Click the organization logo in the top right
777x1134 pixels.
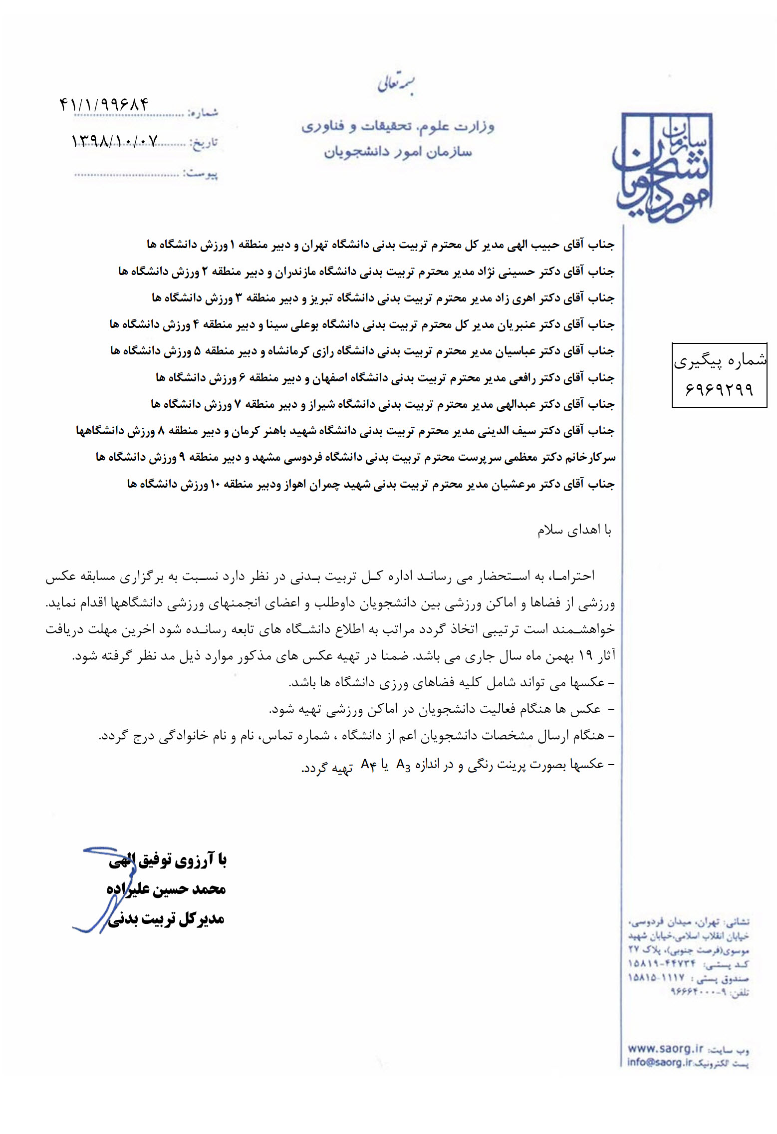[x=663, y=167]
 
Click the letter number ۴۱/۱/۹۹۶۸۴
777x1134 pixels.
[x=104, y=105]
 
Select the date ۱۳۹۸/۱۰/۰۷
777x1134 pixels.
[x=114, y=141]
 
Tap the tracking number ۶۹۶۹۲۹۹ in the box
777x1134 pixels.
[x=719, y=388]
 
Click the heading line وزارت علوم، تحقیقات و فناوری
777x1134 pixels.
[x=397, y=126]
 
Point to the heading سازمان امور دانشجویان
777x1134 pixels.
[x=398, y=151]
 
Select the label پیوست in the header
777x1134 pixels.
[x=201, y=174]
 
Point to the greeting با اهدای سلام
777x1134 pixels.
[x=574, y=530]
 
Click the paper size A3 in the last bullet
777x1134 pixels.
[x=403, y=765]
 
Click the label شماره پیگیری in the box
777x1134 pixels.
[x=720, y=360]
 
